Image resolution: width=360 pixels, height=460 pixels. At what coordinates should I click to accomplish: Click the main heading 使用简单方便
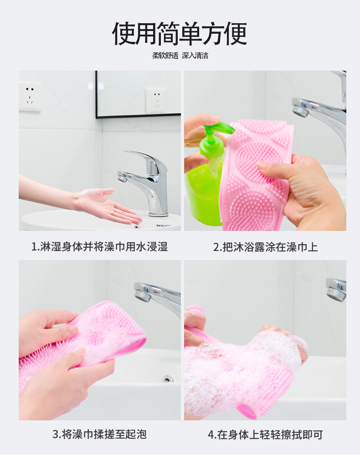(x=180, y=33)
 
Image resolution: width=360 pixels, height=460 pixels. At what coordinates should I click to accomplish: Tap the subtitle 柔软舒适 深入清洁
(x=180, y=56)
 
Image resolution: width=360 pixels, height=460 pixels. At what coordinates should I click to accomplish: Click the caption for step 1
(x=99, y=246)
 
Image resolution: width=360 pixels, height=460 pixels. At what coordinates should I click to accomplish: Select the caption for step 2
(x=265, y=247)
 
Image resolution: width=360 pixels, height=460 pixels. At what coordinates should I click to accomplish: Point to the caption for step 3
(x=99, y=434)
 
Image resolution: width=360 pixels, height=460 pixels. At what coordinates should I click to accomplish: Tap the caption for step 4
(x=265, y=434)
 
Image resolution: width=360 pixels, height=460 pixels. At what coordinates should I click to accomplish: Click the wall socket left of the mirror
(x=30, y=97)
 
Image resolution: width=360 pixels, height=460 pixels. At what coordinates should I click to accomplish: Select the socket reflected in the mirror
(x=156, y=100)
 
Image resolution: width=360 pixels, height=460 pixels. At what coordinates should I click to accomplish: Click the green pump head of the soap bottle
(x=217, y=129)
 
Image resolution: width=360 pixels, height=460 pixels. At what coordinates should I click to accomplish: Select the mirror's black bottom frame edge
(x=138, y=116)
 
